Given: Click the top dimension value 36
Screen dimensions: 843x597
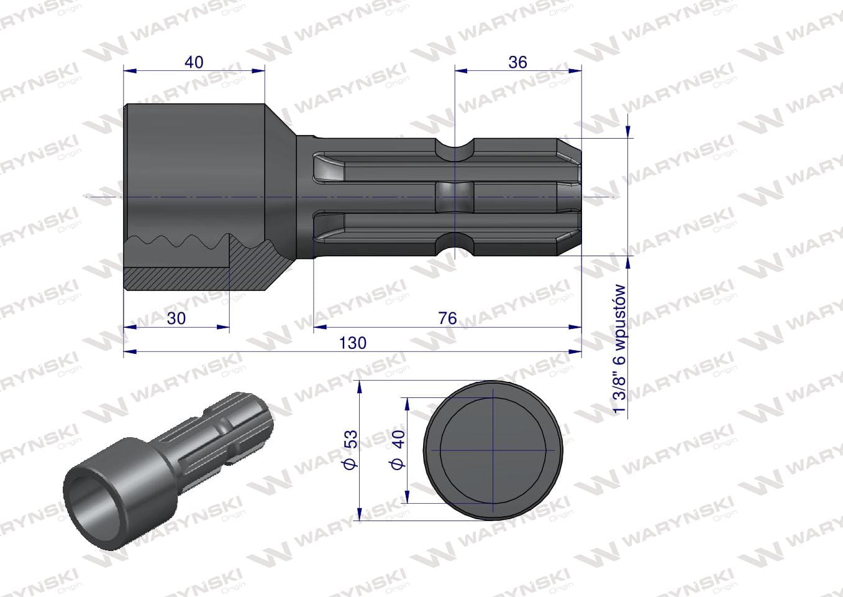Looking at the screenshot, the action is point(517,62).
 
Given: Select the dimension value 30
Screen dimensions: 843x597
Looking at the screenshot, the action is point(176,318).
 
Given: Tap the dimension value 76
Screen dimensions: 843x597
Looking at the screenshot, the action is point(447,318).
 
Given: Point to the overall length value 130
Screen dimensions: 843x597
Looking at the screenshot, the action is point(353,343).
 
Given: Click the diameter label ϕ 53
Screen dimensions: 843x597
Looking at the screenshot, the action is point(352,450).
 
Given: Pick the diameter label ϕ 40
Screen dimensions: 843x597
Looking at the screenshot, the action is point(398,450).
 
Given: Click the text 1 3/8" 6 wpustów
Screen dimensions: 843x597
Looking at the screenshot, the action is point(619,349).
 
